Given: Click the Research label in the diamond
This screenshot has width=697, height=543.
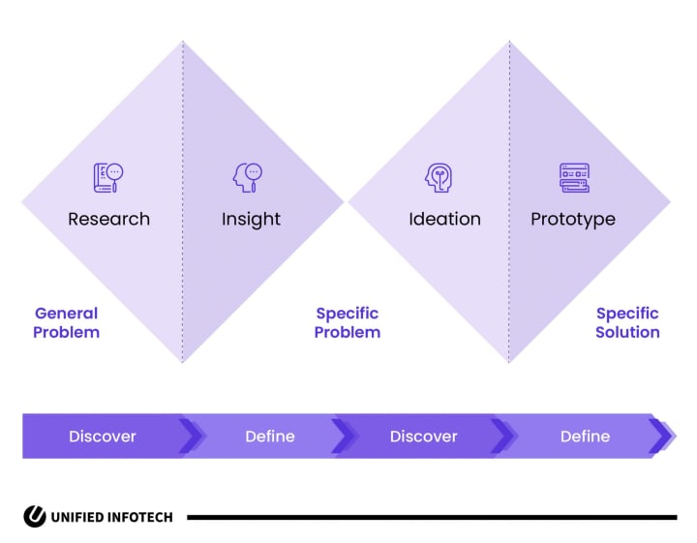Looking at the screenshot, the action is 108,219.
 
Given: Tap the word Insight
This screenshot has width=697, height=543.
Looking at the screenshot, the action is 251,220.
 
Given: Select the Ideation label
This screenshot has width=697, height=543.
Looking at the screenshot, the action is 444,219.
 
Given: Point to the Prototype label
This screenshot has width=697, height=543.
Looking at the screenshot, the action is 573,220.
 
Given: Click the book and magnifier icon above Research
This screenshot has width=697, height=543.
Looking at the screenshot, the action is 108,178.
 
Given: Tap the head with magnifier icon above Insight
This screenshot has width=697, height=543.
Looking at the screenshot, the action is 248,178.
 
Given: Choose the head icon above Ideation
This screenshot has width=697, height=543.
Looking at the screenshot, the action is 439,178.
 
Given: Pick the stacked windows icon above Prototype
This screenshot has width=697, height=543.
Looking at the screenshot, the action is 574,178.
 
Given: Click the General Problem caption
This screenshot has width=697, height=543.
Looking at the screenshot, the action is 66,322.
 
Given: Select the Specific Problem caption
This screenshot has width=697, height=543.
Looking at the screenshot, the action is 348,322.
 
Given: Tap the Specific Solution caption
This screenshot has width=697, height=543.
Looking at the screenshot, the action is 627,322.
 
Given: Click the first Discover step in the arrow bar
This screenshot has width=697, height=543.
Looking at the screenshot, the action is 103,437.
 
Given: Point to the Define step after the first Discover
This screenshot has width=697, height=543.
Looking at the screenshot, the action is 270,437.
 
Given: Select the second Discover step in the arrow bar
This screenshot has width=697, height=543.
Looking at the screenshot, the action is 423,437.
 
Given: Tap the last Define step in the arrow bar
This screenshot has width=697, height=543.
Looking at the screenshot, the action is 585,437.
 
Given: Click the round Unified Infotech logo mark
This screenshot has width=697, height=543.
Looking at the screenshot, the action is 35,516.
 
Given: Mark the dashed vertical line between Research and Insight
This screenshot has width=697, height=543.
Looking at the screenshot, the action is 183,201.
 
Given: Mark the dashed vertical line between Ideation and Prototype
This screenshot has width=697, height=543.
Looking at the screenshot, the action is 509,201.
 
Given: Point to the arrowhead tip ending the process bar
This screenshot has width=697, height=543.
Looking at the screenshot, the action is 676,436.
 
